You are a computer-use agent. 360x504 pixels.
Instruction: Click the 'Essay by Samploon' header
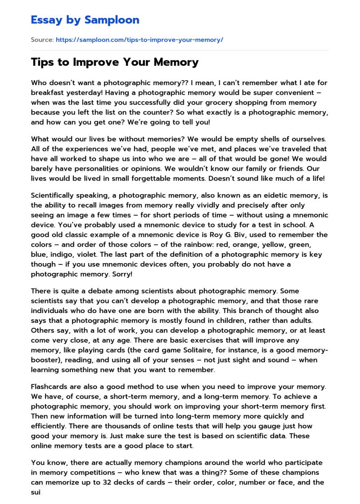(85, 20)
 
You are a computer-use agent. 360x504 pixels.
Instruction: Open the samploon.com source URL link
(139, 40)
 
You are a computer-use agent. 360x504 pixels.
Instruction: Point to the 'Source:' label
(42, 40)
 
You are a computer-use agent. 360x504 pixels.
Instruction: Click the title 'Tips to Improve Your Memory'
(115, 62)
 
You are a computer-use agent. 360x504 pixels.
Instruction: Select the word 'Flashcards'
(50, 386)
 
